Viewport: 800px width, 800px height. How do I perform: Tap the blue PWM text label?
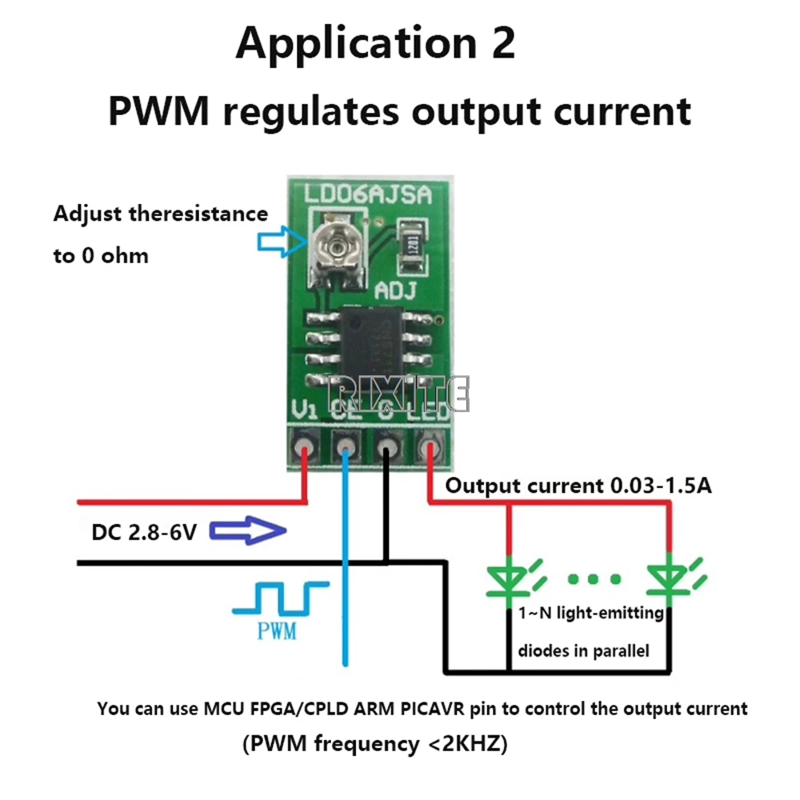(277, 632)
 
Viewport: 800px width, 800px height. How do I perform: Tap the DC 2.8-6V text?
(145, 531)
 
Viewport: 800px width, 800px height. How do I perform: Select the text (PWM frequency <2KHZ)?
(374, 744)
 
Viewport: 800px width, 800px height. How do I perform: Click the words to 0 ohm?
(101, 257)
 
